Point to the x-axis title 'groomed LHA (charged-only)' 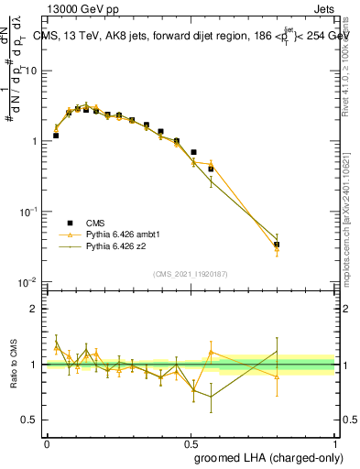265,456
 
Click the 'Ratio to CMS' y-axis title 13,365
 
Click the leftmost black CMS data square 56,136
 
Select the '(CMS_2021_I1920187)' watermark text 191,274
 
